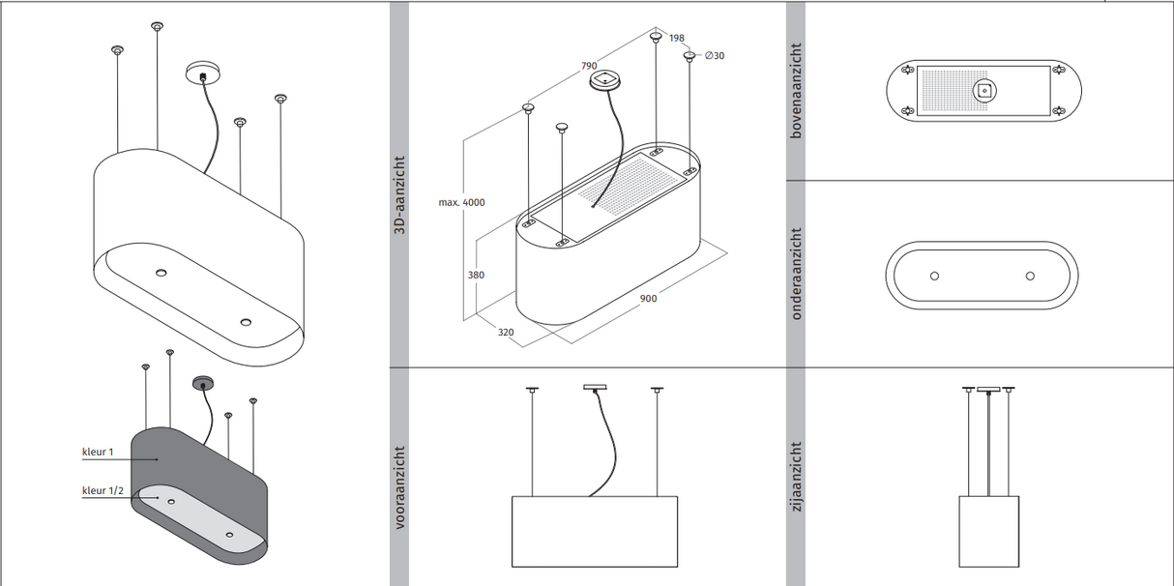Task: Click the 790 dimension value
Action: (x=587, y=66)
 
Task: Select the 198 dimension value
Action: (x=676, y=39)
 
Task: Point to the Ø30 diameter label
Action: (x=715, y=56)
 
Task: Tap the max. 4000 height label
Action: (x=461, y=202)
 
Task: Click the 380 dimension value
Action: (x=475, y=276)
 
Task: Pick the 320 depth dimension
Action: (x=506, y=332)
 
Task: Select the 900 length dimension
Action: (x=648, y=299)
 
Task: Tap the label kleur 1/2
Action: (x=103, y=491)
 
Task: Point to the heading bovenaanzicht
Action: (x=796, y=90)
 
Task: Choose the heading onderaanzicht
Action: (x=796, y=274)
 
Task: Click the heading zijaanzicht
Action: (x=796, y=478)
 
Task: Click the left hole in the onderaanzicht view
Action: (x=934, y=276)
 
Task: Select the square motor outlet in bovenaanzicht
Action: (x=983, y=91)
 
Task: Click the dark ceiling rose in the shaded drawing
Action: (x=202, y=381)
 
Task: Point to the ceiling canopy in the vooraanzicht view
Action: (x=594, y=389)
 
